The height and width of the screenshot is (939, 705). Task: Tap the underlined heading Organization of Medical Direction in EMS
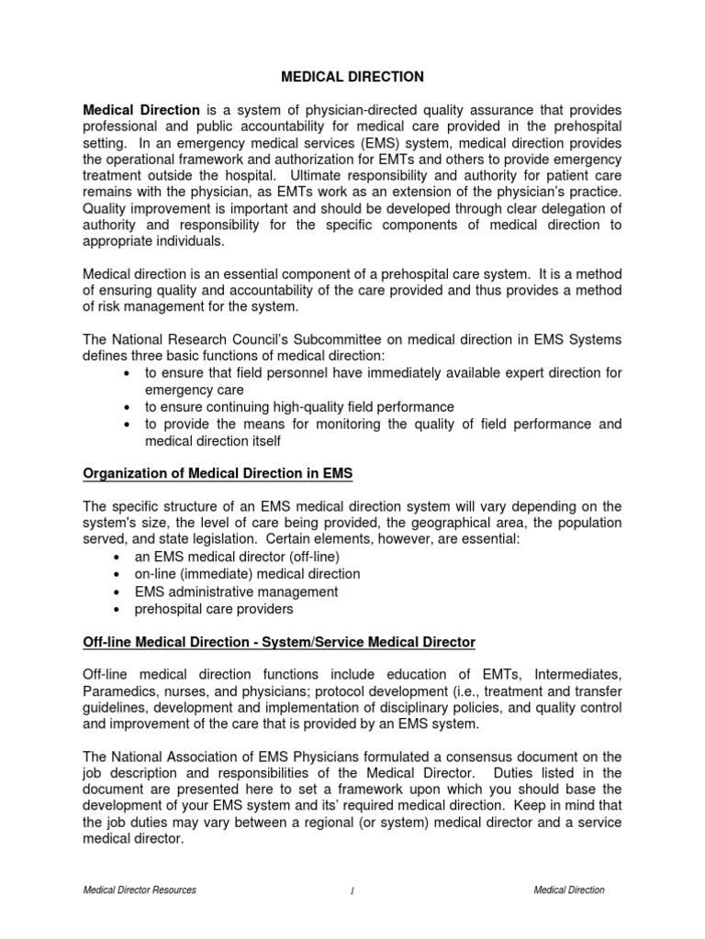point(218,473)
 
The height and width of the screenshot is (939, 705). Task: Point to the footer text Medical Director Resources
point(140,890)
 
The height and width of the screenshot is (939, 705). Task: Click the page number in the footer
point(352,891)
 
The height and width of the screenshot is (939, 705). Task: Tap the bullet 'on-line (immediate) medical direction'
point(247,574)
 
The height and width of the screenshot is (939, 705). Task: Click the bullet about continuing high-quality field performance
point(299,406)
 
